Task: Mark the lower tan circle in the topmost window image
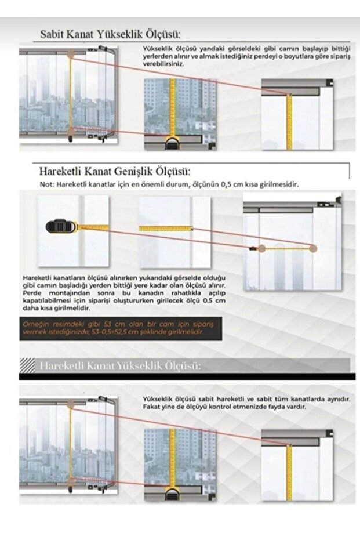coord(71,131)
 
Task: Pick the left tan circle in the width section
coord(262,248)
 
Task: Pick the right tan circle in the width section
coord(313,248)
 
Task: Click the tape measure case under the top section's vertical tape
coord(173,143)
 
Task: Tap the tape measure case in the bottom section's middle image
coord(173,494)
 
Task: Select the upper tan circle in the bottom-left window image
coord(70,407)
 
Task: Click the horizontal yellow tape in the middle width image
coord(165,229)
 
